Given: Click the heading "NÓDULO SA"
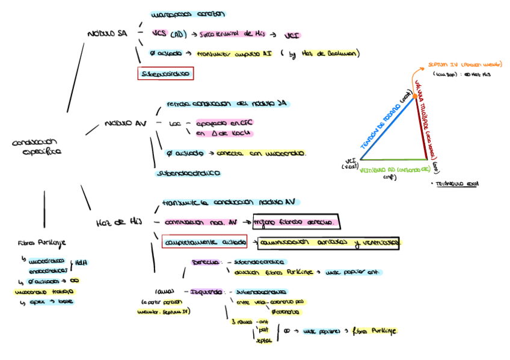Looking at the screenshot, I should tap(107, 34).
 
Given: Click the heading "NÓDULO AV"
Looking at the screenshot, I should tap(125, 123).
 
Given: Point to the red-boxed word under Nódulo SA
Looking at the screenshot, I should tap(165, 74).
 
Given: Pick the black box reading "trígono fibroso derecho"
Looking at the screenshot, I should tap(296, 222).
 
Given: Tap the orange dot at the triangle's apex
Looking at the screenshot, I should tap(415, 96).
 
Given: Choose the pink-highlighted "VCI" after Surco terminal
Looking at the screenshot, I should tap(292, 35).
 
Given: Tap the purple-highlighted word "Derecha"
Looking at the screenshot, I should tap(205, 263).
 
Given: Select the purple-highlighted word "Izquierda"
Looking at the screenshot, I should tap(206, 292).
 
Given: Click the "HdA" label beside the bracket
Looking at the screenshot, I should tap(81, 263).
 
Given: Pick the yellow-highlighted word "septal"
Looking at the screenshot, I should tap(264, 340).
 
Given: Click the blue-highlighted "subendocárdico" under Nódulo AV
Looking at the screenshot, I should tap(188, 173).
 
